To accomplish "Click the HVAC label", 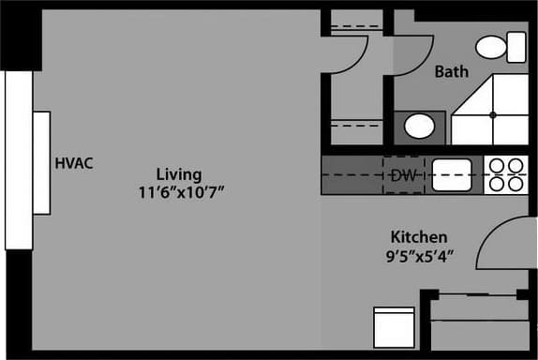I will click(74, 162).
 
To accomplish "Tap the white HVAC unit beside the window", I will click(41, 162).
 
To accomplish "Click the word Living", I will click(178, 174).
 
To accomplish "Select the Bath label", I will click(451, 71).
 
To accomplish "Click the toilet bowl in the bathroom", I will click(490, 47).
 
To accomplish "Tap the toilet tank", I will click(516, 46).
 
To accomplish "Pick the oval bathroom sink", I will click(418, 125).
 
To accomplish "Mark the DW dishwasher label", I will click(403, 175).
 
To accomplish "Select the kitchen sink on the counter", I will click(451, 174).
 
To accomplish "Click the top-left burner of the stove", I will click(496, 166).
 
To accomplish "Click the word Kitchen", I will click(418, 236).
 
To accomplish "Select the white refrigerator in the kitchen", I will click(393, 327).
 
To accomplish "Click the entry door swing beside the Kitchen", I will click(507, 246).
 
